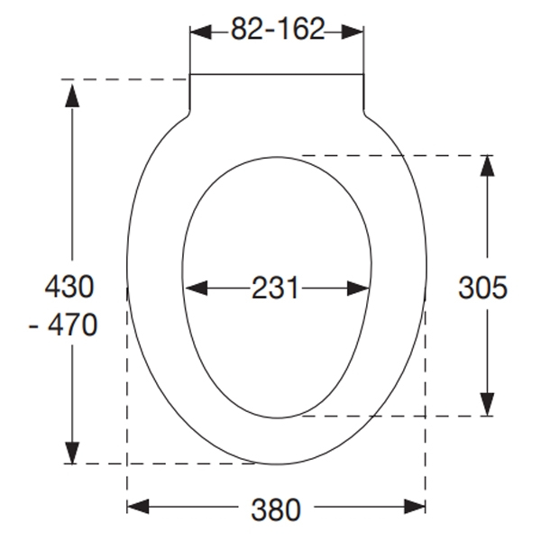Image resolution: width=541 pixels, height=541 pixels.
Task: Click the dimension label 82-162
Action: [277, 30]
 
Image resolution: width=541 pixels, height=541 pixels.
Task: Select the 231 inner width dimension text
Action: [275, 289]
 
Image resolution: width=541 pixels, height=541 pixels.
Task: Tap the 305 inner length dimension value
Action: [482, 288]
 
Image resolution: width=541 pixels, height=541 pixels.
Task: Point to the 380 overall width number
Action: [276, 509]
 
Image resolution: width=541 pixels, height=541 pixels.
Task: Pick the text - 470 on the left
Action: [63, 324]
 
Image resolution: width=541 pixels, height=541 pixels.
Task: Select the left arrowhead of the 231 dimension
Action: [195, 289]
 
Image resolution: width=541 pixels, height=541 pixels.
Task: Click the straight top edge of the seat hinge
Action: [277, 73]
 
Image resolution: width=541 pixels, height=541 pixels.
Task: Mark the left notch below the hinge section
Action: [188, 114]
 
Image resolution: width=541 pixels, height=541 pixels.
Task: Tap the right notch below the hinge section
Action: [365, 114]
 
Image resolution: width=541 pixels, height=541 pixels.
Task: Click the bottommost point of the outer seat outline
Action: [277, 464]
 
